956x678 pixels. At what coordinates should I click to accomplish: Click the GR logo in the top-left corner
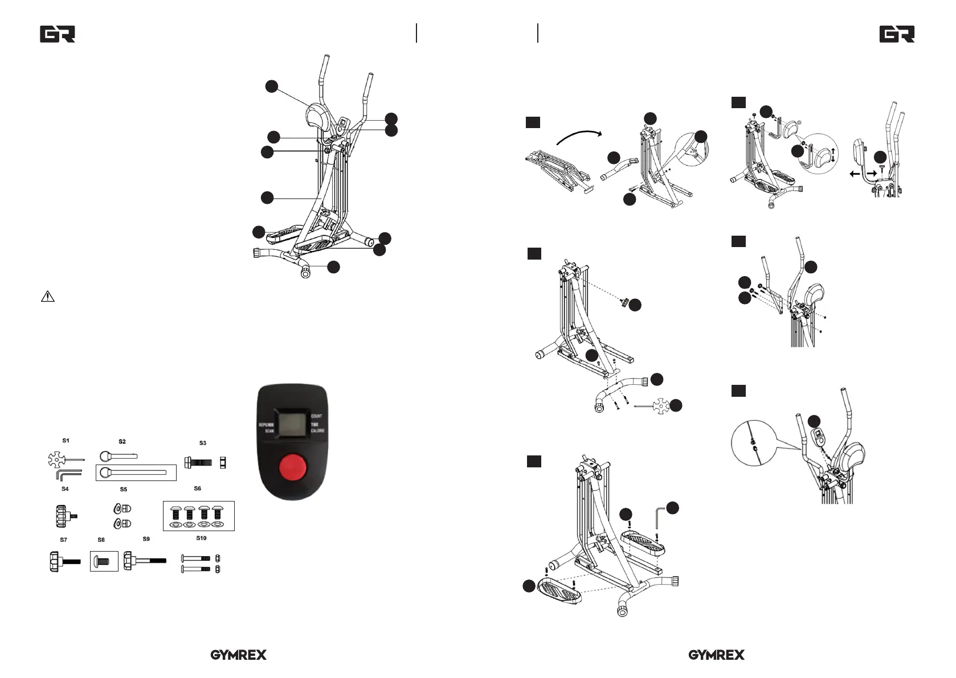(58, 34)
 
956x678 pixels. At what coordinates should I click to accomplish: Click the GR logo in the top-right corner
(897, 34)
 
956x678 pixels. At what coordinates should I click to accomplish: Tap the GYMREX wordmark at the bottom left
(238, 655)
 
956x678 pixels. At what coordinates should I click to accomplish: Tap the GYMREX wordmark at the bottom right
(716, 655)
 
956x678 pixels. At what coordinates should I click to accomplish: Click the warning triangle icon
(48, 297)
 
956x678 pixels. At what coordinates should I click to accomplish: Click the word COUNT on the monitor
(316, 416)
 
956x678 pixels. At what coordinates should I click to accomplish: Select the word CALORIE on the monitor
(318, 431)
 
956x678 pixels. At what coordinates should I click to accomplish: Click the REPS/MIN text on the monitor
(266, 425)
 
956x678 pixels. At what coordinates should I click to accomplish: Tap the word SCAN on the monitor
(269, 432)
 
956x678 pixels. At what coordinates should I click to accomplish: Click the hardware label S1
(66, 441)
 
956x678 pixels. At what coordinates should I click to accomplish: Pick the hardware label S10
(201, 538)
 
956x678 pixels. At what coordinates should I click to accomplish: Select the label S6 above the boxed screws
(198, 488)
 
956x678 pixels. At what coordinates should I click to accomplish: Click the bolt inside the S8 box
(103, 561)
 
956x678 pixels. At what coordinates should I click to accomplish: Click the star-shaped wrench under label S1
(59, 459)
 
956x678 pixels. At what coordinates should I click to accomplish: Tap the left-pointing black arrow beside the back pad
(855, 174)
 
